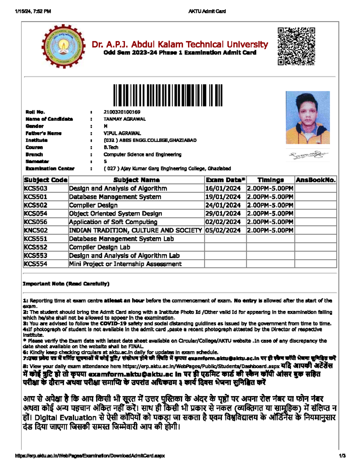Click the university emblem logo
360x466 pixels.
click(x=63, y=47)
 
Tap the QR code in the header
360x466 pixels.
click(x=296, y=46)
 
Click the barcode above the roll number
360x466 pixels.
click(x=168, y=95)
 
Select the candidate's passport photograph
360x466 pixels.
click(x=307, y=117)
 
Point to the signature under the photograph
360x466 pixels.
click(x=308, y=155)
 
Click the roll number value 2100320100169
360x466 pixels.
click(x=122, y=112)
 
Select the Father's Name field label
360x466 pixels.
click(x=43, y=133)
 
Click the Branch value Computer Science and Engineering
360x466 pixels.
click(x=142, y=155)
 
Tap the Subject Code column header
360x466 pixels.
click(x=46, y=180)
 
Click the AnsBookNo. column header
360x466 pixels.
click(x=316, y=180)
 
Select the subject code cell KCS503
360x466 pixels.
click(x=36, y=188)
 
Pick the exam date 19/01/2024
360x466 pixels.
click(x=223, y=197)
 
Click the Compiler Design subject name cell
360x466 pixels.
click(x=93, y=205)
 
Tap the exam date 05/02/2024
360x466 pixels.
click(x=223, y=230)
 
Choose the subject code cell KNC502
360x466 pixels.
click(x=36, y=230)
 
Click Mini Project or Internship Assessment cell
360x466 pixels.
click(x=125, y=264)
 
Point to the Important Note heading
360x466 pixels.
click(x=66, y=284)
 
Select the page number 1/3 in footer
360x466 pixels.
click(x=342, y=456)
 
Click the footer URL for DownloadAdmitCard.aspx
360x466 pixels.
click(x=90, y=456)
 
